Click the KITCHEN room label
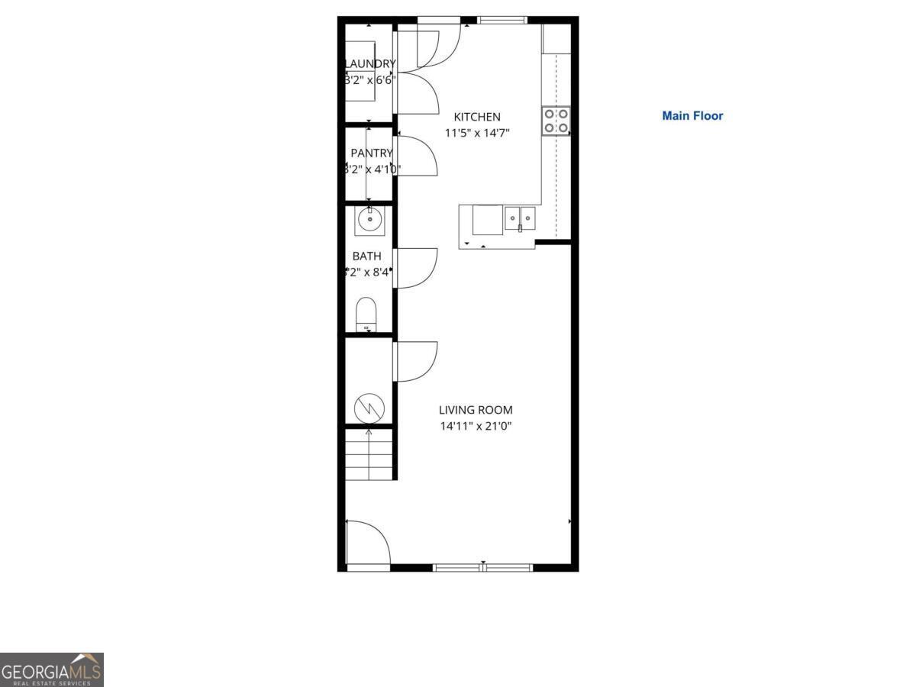(x=477, y=117)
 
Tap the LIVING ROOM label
(x=476, y=410)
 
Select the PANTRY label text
(x=372, y=153)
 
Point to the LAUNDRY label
(x=370, y=64)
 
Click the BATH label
(x=366, y=256)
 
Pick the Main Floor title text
(x=692, y=116)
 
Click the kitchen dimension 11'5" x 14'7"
(x=477, y=133)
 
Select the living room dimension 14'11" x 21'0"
(x=476, y=426)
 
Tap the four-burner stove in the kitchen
(x=556, y=121)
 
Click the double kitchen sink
(x=520, y=218)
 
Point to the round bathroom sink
(x=370, y=221)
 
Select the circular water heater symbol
(x=369, y=408)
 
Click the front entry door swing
(x=368, y=543)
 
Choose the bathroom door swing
(x=416, y=268)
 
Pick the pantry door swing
(x=416, y=156)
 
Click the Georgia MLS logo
(x=51, y=669)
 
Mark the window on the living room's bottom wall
(x=482, y=567)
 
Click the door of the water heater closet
(x=416, y=361)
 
